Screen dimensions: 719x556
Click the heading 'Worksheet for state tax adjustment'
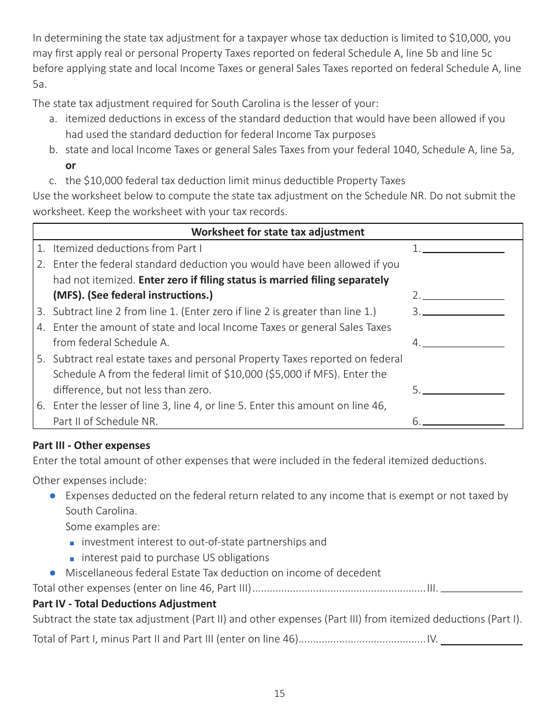click(x=277, y=232)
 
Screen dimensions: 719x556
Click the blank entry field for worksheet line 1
click(x=463, y=248)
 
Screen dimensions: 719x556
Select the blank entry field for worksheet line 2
click(x=463, y=295)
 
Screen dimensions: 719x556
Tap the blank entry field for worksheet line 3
click(x=463, y=311)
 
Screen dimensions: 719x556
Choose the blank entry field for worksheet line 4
click(x=463, y=343)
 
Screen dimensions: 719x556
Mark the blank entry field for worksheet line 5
click(x=463, y=389)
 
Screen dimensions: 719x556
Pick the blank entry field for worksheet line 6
click(x=463, y=420)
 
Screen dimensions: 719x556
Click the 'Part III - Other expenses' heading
click(x=91, y=445)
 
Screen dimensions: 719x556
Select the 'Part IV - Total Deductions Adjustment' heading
click(x=124, y=604)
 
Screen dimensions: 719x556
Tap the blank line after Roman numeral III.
click(x=481, y=588)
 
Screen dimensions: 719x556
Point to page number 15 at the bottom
click(x=279, y=694)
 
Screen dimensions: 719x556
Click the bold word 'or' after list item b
click(x=70, y=165)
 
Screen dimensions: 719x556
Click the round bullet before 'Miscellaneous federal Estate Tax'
click(x=53, y=573)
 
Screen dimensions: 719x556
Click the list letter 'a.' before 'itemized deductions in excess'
click(x=53, y=119)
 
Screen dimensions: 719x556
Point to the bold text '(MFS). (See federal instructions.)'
click(x=133, y=295)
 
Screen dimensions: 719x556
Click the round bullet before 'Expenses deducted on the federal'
click(x=53, y=496)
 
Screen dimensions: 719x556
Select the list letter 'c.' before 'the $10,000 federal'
click(x=53, y=181)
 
